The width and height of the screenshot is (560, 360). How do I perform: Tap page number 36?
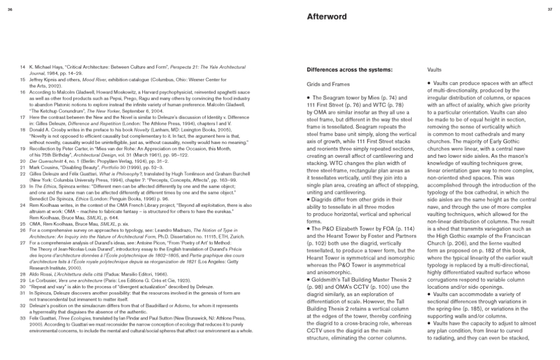10,10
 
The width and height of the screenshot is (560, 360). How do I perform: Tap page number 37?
550,10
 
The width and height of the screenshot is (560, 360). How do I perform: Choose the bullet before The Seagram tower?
309,98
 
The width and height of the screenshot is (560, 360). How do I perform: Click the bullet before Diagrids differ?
309,214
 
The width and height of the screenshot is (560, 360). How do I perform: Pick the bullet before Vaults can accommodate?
429,294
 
